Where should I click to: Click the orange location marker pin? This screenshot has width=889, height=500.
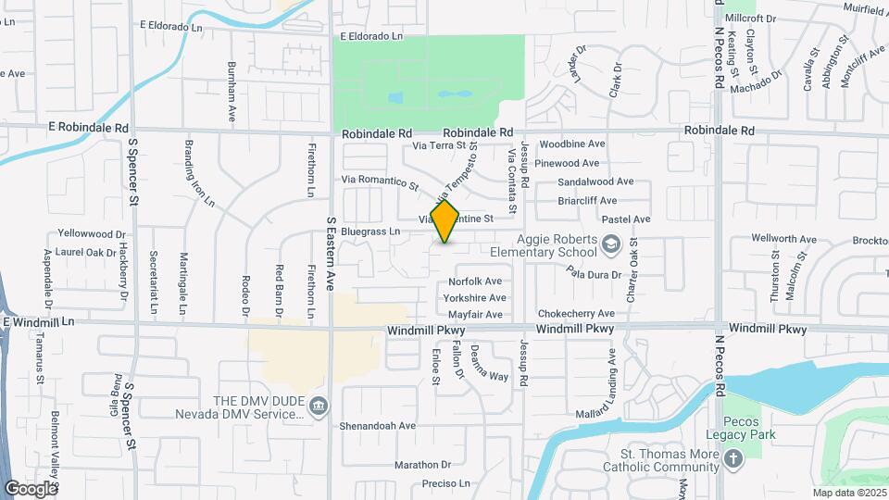(x=445, y=221)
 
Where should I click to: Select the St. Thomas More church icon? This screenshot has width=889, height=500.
(x=732, y=459)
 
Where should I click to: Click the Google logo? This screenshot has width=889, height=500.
(x=31, y=488)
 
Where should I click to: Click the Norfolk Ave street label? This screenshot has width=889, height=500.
(x=475, y=281)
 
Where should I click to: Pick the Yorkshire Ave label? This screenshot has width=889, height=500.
(x=475, y=298)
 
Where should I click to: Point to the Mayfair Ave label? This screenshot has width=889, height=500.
(x=475, y=315)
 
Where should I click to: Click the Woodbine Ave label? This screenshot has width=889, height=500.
(x=572, y=144)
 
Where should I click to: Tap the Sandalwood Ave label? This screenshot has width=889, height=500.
(x=595, y=181)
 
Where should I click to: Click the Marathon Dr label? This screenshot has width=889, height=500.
(x=421, y=465)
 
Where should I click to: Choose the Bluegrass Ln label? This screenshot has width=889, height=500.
(x=369, y=231)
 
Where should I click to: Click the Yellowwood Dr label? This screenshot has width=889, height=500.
(x=91, y=233)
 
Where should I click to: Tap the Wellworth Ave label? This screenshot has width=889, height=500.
(x=783, y=239)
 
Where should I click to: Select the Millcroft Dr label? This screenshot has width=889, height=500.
(x=751, y=18)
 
